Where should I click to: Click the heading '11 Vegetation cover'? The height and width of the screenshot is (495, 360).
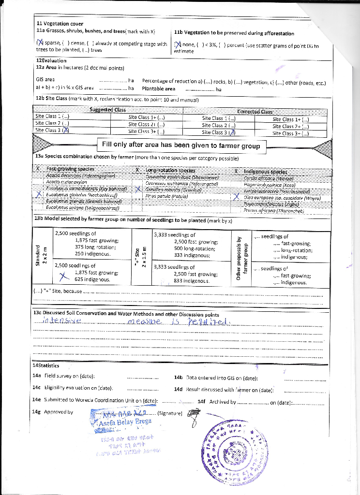[60, 24]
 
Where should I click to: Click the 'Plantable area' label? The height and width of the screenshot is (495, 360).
[158, 89]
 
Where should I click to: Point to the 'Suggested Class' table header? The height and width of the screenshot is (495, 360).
[107, 110]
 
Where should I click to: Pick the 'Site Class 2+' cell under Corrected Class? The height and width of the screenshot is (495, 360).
[290, 126]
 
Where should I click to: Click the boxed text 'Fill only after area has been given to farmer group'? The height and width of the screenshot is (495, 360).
[181, 146]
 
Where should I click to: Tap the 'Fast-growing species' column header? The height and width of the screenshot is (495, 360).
[70, 170]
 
